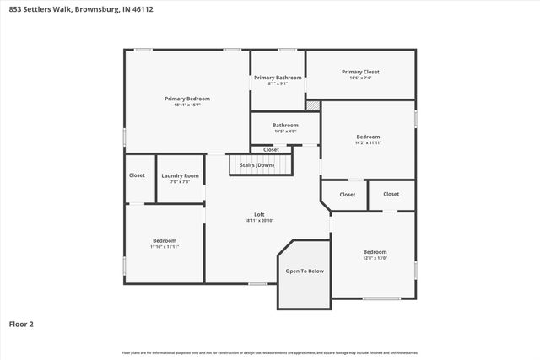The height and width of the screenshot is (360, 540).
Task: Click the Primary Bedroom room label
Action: pos(186,99)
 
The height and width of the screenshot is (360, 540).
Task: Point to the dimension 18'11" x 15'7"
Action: pos(186,105)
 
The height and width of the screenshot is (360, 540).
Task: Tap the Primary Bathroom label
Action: pos(278,78)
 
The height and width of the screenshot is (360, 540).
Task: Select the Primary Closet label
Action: pos(361,72)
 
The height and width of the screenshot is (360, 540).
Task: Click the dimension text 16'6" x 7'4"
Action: pos(361,78)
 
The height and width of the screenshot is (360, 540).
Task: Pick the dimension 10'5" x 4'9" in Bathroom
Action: pos(284,132)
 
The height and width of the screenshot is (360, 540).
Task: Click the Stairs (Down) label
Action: pos(257,165)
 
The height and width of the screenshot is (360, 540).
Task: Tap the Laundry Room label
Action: pos(180,175)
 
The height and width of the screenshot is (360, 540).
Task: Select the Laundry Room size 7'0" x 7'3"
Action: pos(180,182)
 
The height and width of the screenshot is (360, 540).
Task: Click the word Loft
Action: pos(259,214)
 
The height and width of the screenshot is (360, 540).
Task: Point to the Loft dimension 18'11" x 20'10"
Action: pos(259,221)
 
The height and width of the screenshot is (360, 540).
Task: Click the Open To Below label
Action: pos(305,271)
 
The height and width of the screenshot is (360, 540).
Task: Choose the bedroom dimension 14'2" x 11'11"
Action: pos(368,143)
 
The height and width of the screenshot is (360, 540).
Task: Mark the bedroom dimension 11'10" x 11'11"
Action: pos(165,247)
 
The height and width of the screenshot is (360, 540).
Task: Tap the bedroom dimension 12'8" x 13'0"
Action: pos(375,258)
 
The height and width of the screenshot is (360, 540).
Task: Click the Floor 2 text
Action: pos(21,323)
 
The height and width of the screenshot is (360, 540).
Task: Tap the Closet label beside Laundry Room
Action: pos(137,175)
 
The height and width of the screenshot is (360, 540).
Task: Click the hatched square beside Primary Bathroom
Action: pos(313,105)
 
